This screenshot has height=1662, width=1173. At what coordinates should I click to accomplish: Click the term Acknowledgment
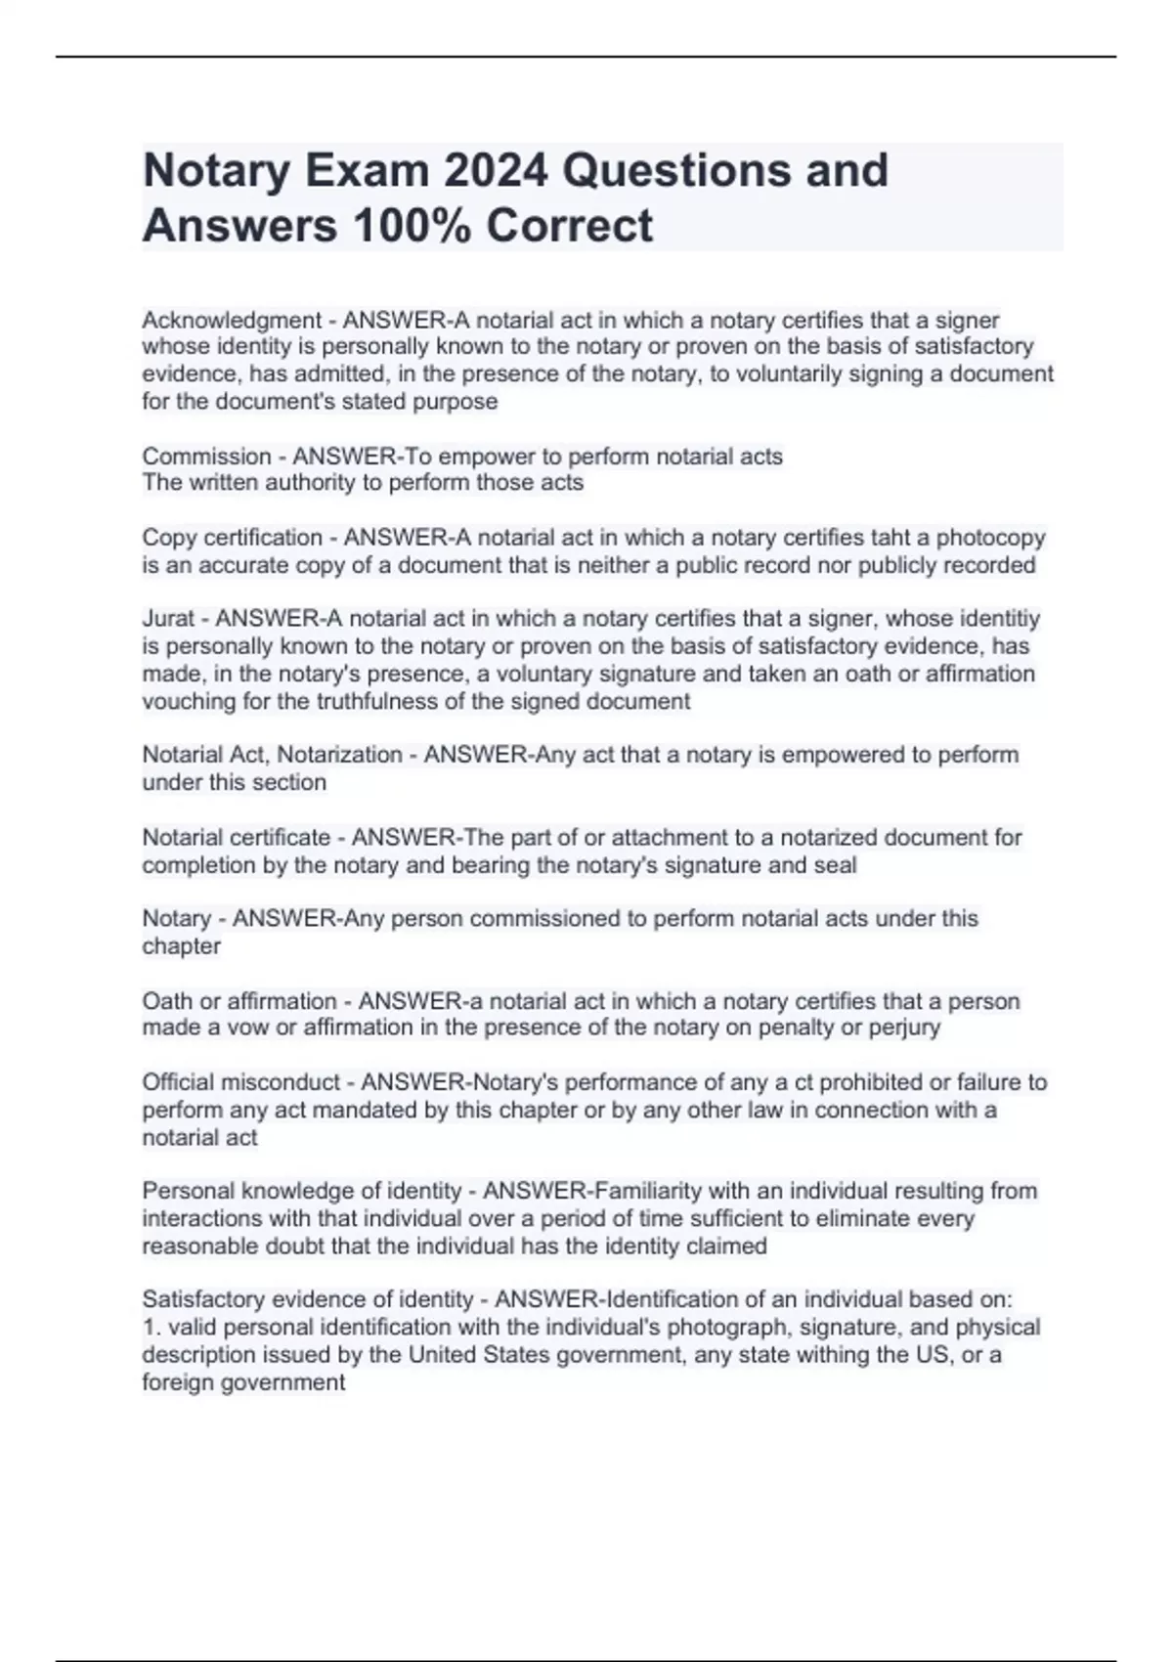(232, 321)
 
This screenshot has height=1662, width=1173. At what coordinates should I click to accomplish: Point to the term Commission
(206, 457)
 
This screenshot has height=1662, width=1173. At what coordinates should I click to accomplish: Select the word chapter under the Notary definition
(181, 946)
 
